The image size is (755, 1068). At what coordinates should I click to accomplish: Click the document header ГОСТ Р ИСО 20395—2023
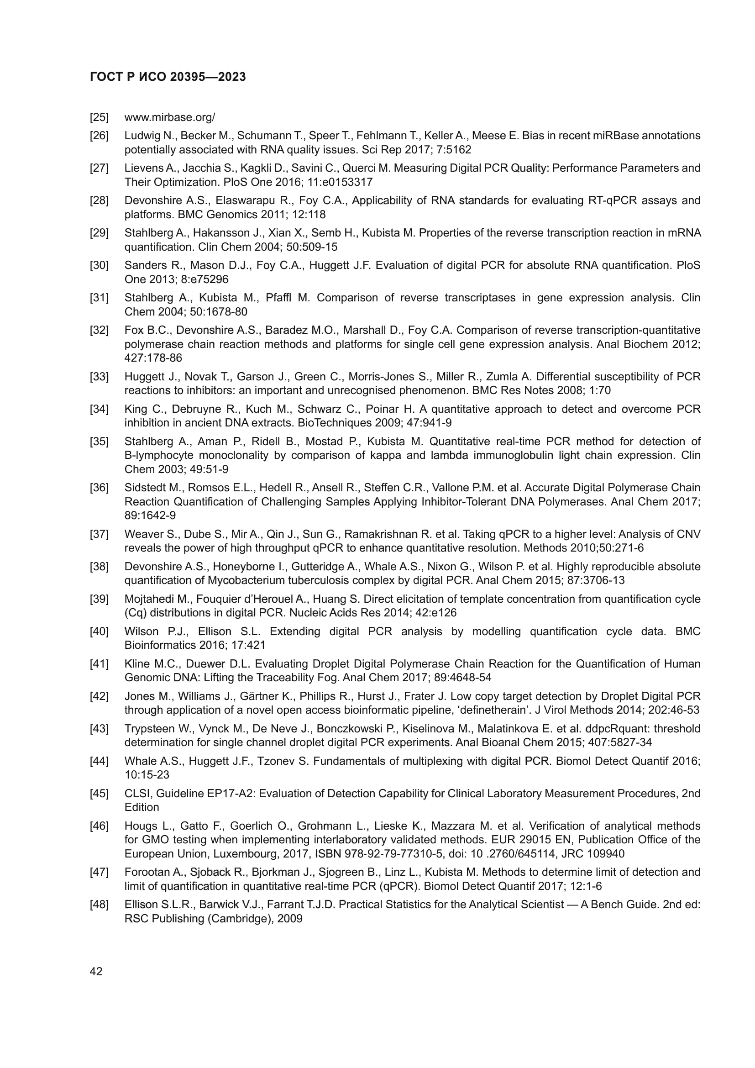[168, 77]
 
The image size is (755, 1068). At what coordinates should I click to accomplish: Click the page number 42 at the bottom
[96, 971]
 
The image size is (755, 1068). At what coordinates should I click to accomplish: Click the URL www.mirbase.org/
[170, 117]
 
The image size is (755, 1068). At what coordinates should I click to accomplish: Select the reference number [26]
[99, 136]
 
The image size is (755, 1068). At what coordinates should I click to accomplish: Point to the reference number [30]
[99, 266]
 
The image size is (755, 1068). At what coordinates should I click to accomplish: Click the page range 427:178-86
[153, 358]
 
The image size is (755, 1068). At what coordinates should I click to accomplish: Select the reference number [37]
[99, 535]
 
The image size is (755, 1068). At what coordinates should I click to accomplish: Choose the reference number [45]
[99, 794]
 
